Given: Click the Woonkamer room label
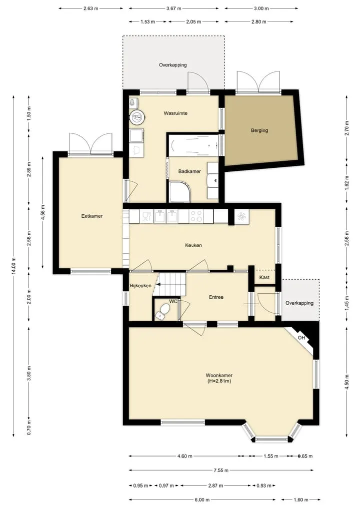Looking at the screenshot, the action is click(219, 375).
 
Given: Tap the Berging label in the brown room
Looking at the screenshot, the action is click(259, 130).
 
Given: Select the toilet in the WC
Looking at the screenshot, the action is click(162, 311).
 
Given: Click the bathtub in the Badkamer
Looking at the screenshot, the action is click(193, 145).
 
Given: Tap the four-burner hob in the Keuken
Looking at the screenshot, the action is click(196, 216).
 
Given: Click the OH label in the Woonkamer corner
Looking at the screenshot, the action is click(301, 338).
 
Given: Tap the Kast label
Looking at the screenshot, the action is click(264, 277).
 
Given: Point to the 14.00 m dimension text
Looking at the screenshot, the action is click(13, 266).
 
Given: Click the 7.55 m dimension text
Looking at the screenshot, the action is click(221, 470).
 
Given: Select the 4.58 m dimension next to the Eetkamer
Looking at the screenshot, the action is click(43, 212).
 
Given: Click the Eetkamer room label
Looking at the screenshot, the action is click(92, 216).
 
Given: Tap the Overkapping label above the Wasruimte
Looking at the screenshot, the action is click(173, 65).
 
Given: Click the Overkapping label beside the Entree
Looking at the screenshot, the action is click(299, 303).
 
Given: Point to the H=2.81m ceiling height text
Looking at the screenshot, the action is click(219, 381).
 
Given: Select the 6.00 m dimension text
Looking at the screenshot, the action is click(202, 500).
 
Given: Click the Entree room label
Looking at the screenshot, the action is click(216, 297).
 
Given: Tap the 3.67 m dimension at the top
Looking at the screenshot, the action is click(173, 8).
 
